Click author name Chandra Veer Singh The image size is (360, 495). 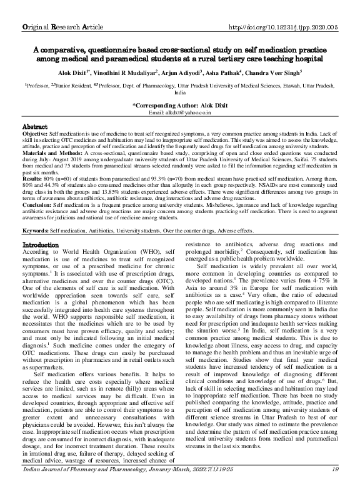[x=284, y=72]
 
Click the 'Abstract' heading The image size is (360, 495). [x=36, y=126]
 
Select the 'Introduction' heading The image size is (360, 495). [x=41, y=261]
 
